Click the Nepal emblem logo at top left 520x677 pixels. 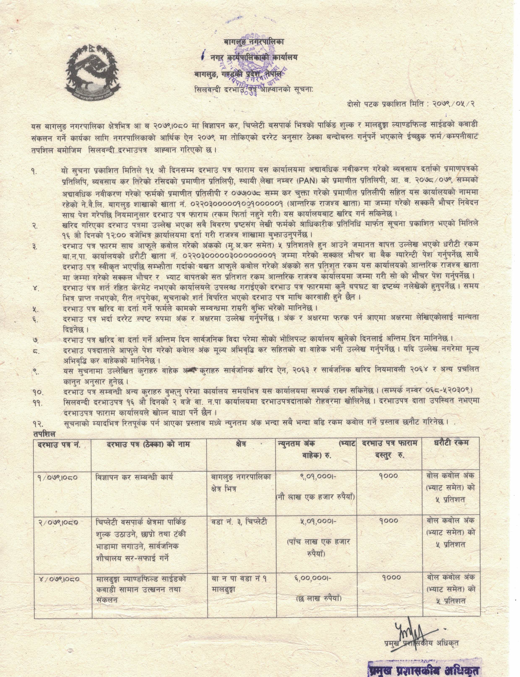coord(93,72)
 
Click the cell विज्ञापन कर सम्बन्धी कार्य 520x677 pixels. coord(134,477)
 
